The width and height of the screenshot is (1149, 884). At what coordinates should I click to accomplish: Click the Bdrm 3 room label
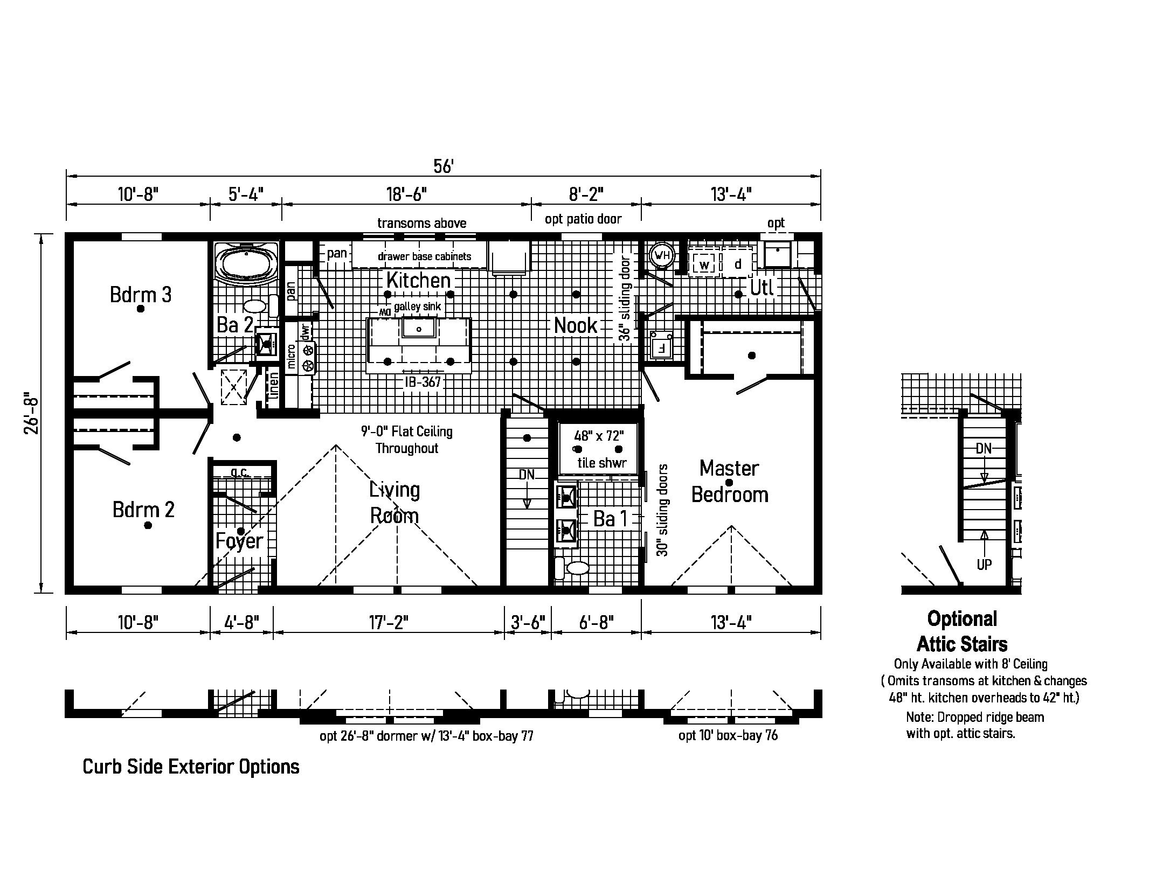(140, 295)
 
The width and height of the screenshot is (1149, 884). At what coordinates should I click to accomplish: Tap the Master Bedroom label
(729, 481)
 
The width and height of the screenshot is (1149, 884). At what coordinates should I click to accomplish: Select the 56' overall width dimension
(443, 166)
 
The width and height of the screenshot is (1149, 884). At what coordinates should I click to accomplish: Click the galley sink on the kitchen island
(418, 327)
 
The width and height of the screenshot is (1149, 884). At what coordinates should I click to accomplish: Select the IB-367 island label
(423, 382)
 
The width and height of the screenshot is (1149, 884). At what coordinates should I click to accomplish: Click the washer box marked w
(704, 265)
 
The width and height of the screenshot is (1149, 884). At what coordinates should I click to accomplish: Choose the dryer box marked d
(738, 264)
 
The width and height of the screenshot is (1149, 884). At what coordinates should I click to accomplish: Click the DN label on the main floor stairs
(527, 475)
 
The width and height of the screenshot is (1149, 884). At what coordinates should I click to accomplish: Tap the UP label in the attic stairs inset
(984, 565)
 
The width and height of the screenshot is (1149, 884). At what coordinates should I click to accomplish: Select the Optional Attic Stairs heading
(962, 631)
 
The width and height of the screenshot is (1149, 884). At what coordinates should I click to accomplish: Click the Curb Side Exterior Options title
(191, 767)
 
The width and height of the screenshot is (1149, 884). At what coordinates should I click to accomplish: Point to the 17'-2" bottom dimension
(389, 623)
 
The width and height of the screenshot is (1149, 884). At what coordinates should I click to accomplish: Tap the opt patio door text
(583, 219)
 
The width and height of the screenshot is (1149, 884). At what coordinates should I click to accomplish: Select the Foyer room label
(239, 540)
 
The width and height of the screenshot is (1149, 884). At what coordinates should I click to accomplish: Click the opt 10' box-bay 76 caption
(728, 735)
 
